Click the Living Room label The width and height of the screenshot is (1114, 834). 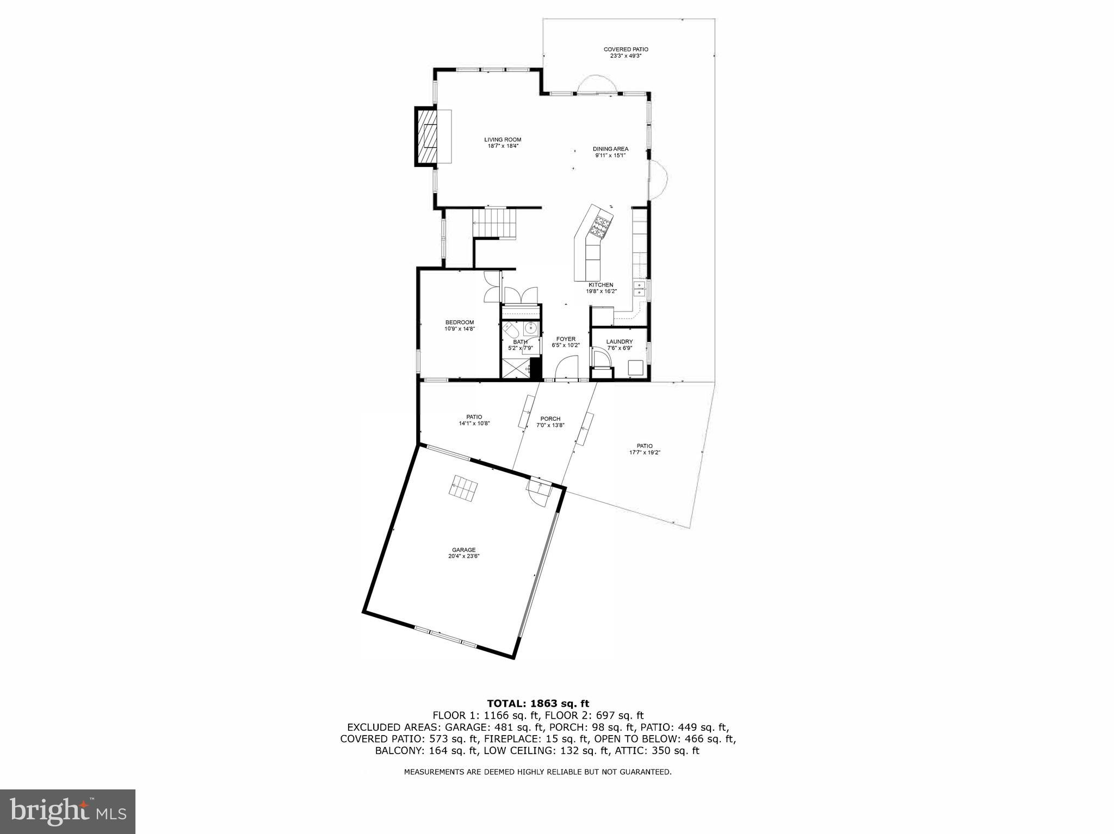click(503, 142)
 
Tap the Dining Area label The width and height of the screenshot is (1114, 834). click(610, 152)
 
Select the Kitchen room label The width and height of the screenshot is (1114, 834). click(601, 288)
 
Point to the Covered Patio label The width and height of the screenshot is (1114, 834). click(626, 52)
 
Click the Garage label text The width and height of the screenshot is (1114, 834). click(463, 553)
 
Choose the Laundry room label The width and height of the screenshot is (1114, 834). click(619, 345)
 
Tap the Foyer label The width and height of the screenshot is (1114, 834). click(566, 342)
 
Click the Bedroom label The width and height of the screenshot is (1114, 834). click(460, 325)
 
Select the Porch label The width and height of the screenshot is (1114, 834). click(550, 422)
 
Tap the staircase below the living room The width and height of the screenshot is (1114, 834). click(493, 223)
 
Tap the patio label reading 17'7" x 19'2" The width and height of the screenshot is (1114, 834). click(645, 449)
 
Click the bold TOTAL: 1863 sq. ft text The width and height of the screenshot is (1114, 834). click(537, 704)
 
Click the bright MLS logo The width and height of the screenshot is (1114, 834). click(68, 811)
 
